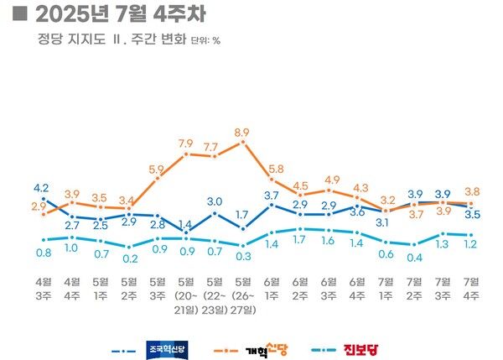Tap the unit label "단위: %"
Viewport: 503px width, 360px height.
point(205,39)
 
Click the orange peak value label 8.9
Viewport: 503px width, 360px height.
point(243,132)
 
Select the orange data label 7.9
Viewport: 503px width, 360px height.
point(186,143)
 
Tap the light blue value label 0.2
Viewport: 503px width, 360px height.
point(129,258)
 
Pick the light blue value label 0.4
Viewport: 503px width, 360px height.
point(414,256)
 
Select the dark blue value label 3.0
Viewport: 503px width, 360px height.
point(215,201)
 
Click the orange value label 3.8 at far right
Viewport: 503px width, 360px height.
point(471,190)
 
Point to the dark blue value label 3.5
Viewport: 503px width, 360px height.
point(471,215)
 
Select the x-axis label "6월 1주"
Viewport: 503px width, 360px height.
point(272,288)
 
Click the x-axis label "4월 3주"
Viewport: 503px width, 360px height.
point(43,288)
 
